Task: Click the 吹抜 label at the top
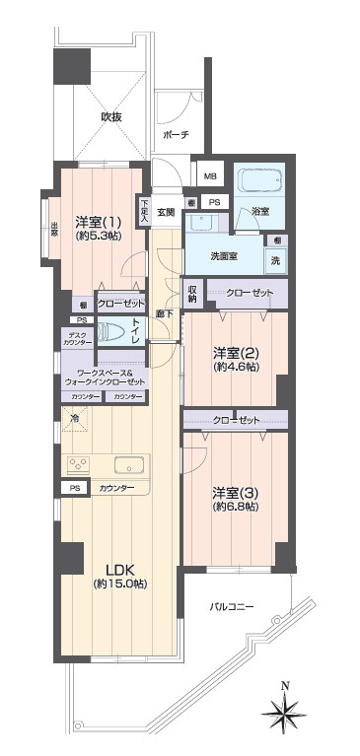111,116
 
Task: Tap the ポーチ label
177,135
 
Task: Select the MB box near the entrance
209,177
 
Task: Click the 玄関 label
165,212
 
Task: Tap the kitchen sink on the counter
129,464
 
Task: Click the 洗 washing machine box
277,261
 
